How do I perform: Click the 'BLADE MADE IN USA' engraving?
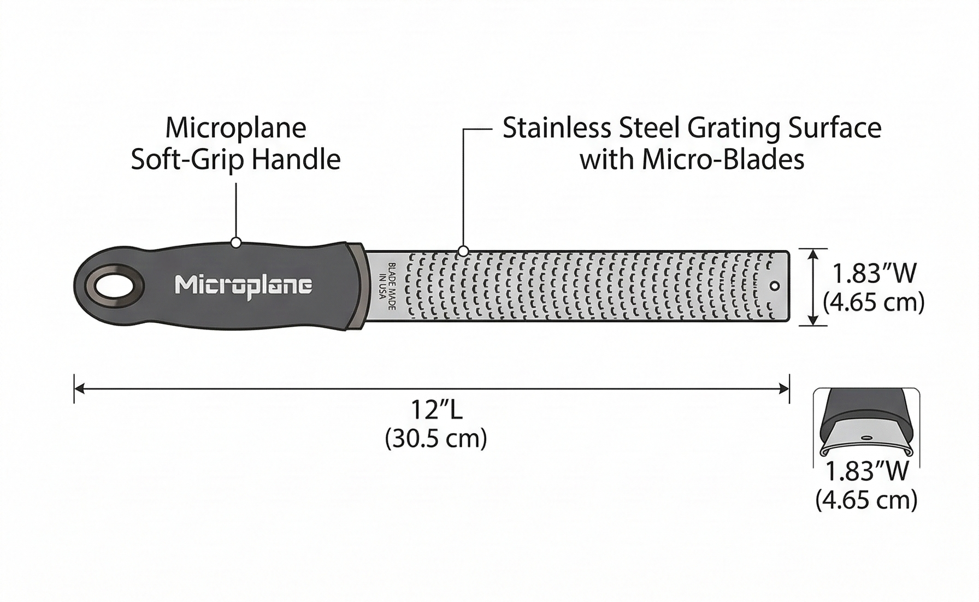(387, 286)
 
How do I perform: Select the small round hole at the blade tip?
(774, 286)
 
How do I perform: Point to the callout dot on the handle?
(236, 242)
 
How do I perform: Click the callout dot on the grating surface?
(463, 251)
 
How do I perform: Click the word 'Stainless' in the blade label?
(557, 128)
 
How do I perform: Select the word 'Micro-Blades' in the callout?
(723, 160)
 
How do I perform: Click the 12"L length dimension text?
(436, 410)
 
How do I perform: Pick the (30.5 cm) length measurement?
(436, 438)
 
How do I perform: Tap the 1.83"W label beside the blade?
(874, 274)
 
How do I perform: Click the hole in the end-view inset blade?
(866, 438)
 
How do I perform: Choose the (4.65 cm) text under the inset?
(866, 500)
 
